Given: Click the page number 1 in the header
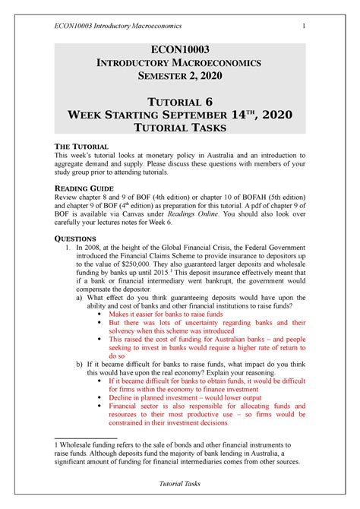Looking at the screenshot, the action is click(x=304, y=29).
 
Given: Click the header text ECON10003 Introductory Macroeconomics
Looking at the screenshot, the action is click(x=114, y=29).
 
